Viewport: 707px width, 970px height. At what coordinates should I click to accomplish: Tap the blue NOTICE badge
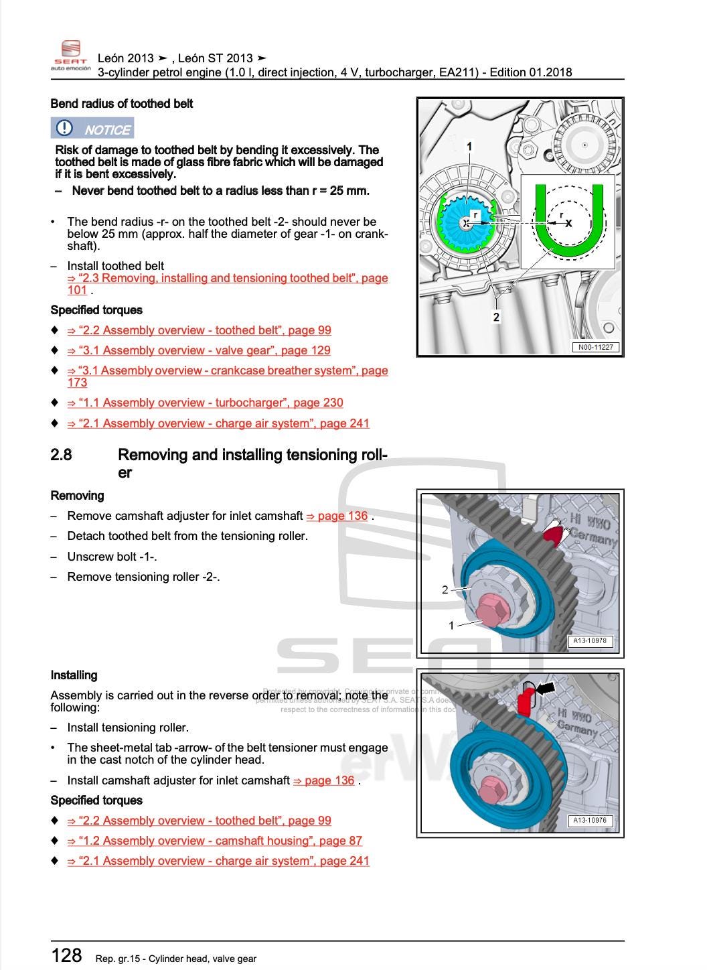click(x=92, y=129)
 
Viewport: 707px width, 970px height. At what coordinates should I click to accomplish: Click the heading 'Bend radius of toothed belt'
click(x=121, y=104)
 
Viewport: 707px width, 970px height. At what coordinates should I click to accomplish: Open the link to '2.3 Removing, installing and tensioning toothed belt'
click(x=227, y=279)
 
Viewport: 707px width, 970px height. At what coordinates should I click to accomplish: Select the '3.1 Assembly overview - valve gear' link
click(x=199, y=350)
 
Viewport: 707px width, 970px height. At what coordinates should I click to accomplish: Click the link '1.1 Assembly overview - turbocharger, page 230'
click(x=205, y=403)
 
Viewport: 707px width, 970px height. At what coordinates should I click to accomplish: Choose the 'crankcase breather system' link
click(x=227, y=370)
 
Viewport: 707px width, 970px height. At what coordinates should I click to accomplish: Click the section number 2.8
click(x=61, y=455)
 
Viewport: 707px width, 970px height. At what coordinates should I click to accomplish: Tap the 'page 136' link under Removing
click(x=337, y=516)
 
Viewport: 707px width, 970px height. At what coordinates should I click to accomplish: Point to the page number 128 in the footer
click(x=66, y=955)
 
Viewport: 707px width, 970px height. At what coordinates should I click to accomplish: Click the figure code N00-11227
click(x=595, y=347)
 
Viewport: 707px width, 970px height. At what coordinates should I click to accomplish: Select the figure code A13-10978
click(x=589, y=640)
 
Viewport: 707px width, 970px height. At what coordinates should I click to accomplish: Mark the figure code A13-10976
click(x=589, y=820)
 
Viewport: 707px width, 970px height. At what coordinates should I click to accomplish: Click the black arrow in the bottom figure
click(x=546, y=687)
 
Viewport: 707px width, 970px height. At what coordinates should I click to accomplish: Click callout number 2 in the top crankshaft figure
click(x=496, y=317)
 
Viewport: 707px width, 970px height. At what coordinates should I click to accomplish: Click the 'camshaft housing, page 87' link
click(x=214, y=841)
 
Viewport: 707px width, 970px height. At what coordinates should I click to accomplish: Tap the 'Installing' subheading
click(x=74, y=675)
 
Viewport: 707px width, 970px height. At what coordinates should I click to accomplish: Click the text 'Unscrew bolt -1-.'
click(x=112, y=557)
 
